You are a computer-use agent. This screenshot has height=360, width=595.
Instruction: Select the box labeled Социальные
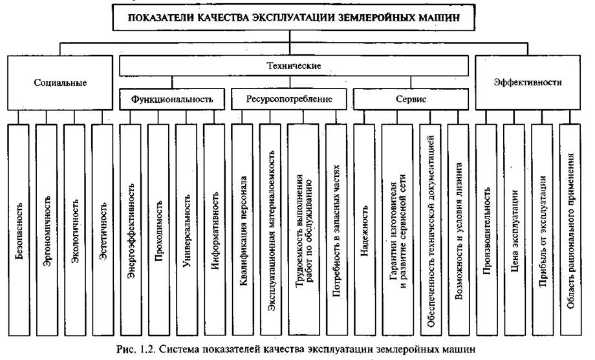pos(59,83)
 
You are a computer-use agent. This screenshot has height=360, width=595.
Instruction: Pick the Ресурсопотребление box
pos(290,100)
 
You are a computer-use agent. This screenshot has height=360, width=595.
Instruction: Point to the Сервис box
pos(411,100)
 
